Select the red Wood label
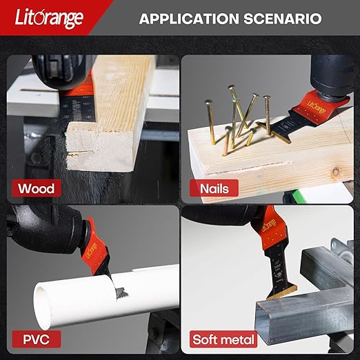[37, 188]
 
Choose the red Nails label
[214, 188]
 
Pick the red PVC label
[34, 339]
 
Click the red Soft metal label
[224, 339]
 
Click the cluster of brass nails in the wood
[238, 124]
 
